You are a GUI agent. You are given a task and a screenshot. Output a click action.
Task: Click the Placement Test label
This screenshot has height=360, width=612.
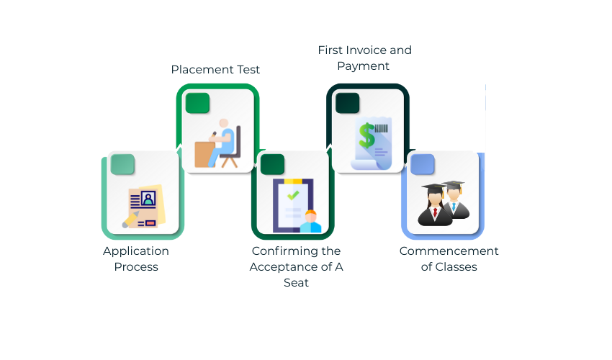215,70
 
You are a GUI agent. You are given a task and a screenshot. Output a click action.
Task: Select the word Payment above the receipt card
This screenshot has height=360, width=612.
364,66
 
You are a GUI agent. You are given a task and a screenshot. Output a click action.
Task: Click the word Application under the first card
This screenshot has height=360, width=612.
136,251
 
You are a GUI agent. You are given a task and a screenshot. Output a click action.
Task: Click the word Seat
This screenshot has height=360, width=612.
296,283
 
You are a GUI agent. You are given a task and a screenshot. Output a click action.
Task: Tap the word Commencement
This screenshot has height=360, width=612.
449,251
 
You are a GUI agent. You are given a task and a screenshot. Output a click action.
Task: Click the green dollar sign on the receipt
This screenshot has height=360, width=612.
367,134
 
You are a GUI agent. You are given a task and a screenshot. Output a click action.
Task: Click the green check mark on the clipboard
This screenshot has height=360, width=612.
292,195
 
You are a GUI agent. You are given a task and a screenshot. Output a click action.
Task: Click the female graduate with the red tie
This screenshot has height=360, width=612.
435,205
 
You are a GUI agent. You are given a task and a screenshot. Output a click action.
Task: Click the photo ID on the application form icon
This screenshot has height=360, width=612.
148,198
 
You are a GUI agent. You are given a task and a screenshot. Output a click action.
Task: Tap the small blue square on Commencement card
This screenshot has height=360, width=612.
422,164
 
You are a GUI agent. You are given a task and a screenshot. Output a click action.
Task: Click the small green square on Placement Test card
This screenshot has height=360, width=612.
197,103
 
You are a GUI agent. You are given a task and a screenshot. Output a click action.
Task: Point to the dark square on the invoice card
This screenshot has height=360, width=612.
348,103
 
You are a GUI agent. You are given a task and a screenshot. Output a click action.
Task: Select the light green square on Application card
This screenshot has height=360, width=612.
122,164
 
